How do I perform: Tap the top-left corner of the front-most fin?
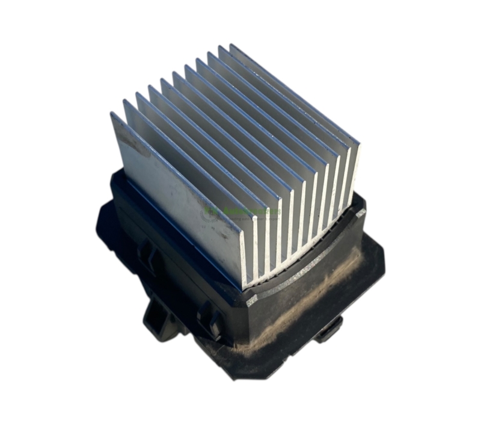[112, 114]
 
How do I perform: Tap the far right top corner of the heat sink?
[358, 143]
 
